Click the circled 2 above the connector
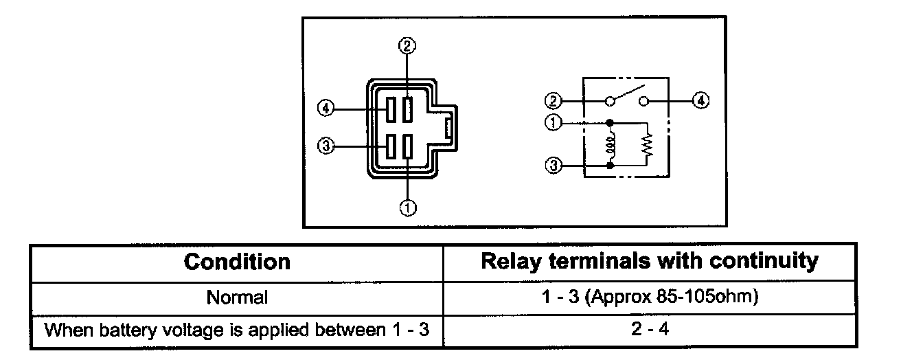coord(407,45)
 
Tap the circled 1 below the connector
coord(408,207)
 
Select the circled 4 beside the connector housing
coord(326,108)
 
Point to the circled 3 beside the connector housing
coord(326,146)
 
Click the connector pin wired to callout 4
coord(390,109)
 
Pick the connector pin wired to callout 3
coord(390,146)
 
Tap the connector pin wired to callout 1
coord(408,146)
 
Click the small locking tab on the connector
coord(448,128)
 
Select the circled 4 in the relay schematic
coord(700,100)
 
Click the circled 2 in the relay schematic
coord(553,100)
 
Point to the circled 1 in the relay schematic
coord(553,122)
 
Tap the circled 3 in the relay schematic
coord(554,165)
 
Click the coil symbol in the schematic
coord(610,144)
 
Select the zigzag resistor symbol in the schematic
coord(647,145)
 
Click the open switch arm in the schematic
coord(630,91)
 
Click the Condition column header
coord(238,262)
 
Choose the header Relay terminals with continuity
coord(650,261)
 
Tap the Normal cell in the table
coord(237,297)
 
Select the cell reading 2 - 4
coord(650,329)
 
